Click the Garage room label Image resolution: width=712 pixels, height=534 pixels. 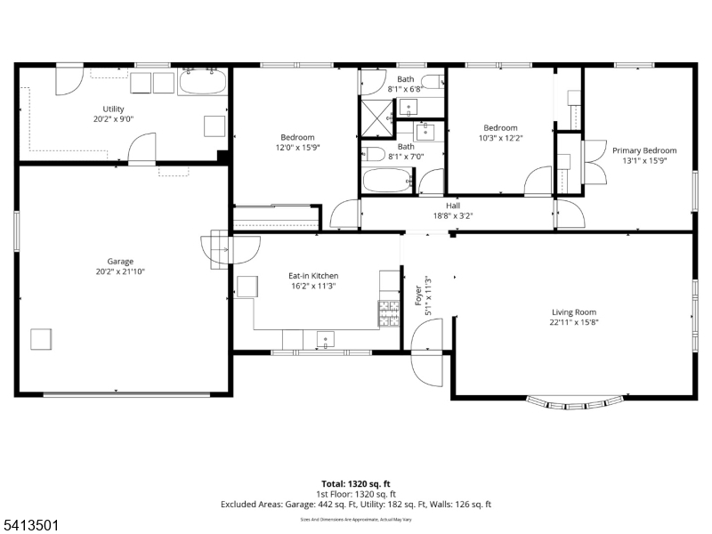pos(120,262)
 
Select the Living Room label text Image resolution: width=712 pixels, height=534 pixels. pos(574,311)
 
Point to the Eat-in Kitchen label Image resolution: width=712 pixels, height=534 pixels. pos(312,276)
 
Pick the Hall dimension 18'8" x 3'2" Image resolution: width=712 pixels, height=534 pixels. pos(452,215)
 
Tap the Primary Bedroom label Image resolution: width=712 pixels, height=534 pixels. pos(643,150)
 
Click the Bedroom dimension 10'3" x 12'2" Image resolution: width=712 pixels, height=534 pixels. pos(499,138)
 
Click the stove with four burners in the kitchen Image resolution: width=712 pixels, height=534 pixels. pos(390,312)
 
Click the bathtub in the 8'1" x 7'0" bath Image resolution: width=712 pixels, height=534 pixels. pos(389,181)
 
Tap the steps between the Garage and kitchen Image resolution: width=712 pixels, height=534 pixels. pos(217,249)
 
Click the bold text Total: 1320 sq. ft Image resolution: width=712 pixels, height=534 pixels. pos(356,483)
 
